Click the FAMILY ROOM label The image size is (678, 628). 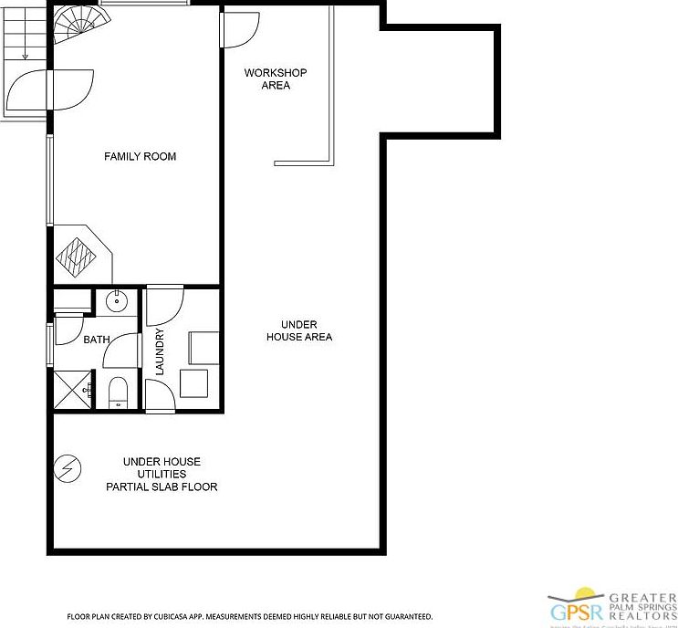click(x=140, y=157)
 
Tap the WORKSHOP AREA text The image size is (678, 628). click(x=275, y=79)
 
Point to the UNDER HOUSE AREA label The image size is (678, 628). click(x=298, y=330)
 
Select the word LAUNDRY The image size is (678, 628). click(x=160, y=351)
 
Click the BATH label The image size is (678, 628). click(x=96, y=340)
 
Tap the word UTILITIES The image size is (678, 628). click(x=162, y=474)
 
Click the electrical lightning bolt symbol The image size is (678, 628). click(x=68, y=468)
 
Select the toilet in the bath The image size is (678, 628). click(x=118, y=392)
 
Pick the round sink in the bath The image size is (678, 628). click(x=117, y=299)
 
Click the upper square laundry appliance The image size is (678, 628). click(x=203, y=348)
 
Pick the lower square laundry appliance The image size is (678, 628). click(x=198, y=383)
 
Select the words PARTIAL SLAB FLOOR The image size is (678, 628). click(x=162, y=487)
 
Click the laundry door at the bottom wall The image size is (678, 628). click(x=159, y=397)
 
